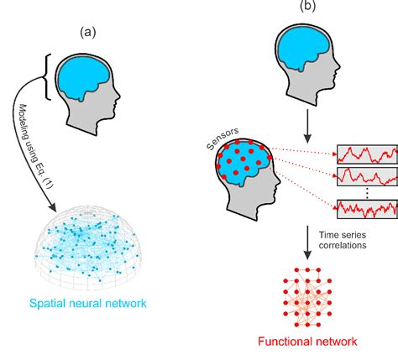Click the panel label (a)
point(88,33)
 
